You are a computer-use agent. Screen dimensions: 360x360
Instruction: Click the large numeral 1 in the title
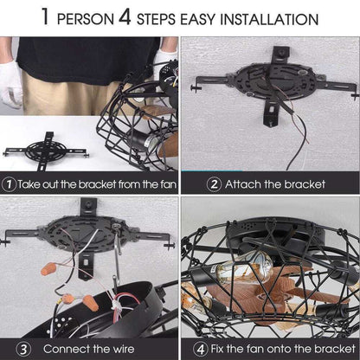coord(46,16)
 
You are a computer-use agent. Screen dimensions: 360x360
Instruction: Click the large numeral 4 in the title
coord(125,16)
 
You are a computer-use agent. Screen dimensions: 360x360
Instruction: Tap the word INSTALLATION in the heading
coord(269,19)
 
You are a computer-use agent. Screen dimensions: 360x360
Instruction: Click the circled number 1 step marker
coord(9,184)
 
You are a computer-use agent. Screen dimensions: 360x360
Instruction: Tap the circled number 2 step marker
coord(214,184)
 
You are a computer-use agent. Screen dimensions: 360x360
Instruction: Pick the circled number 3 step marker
coord(23,349)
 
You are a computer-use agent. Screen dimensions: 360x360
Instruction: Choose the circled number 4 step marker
coord(200,349)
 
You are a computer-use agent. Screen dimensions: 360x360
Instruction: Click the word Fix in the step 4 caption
coord(217,349)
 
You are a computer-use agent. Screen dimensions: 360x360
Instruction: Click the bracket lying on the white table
coord(45,151)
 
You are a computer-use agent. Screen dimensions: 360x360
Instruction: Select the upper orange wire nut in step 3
coord(49,267)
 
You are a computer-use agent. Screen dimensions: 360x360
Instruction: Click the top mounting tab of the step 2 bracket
coord(280,55)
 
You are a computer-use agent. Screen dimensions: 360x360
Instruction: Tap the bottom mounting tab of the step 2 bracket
coord(271,115)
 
